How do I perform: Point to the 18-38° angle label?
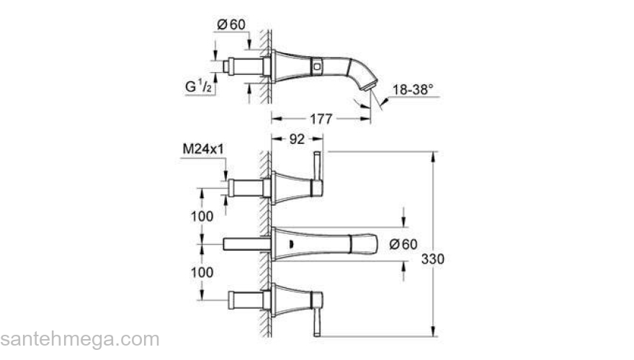pyautogui.click(x=413, y=89)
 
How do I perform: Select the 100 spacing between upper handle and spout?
pyautogui.click(x=202, y=216)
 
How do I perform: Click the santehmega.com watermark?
pyautogui.click(x=79, y=339)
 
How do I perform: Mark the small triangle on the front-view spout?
pyautogui.click(x=290, y=244)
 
